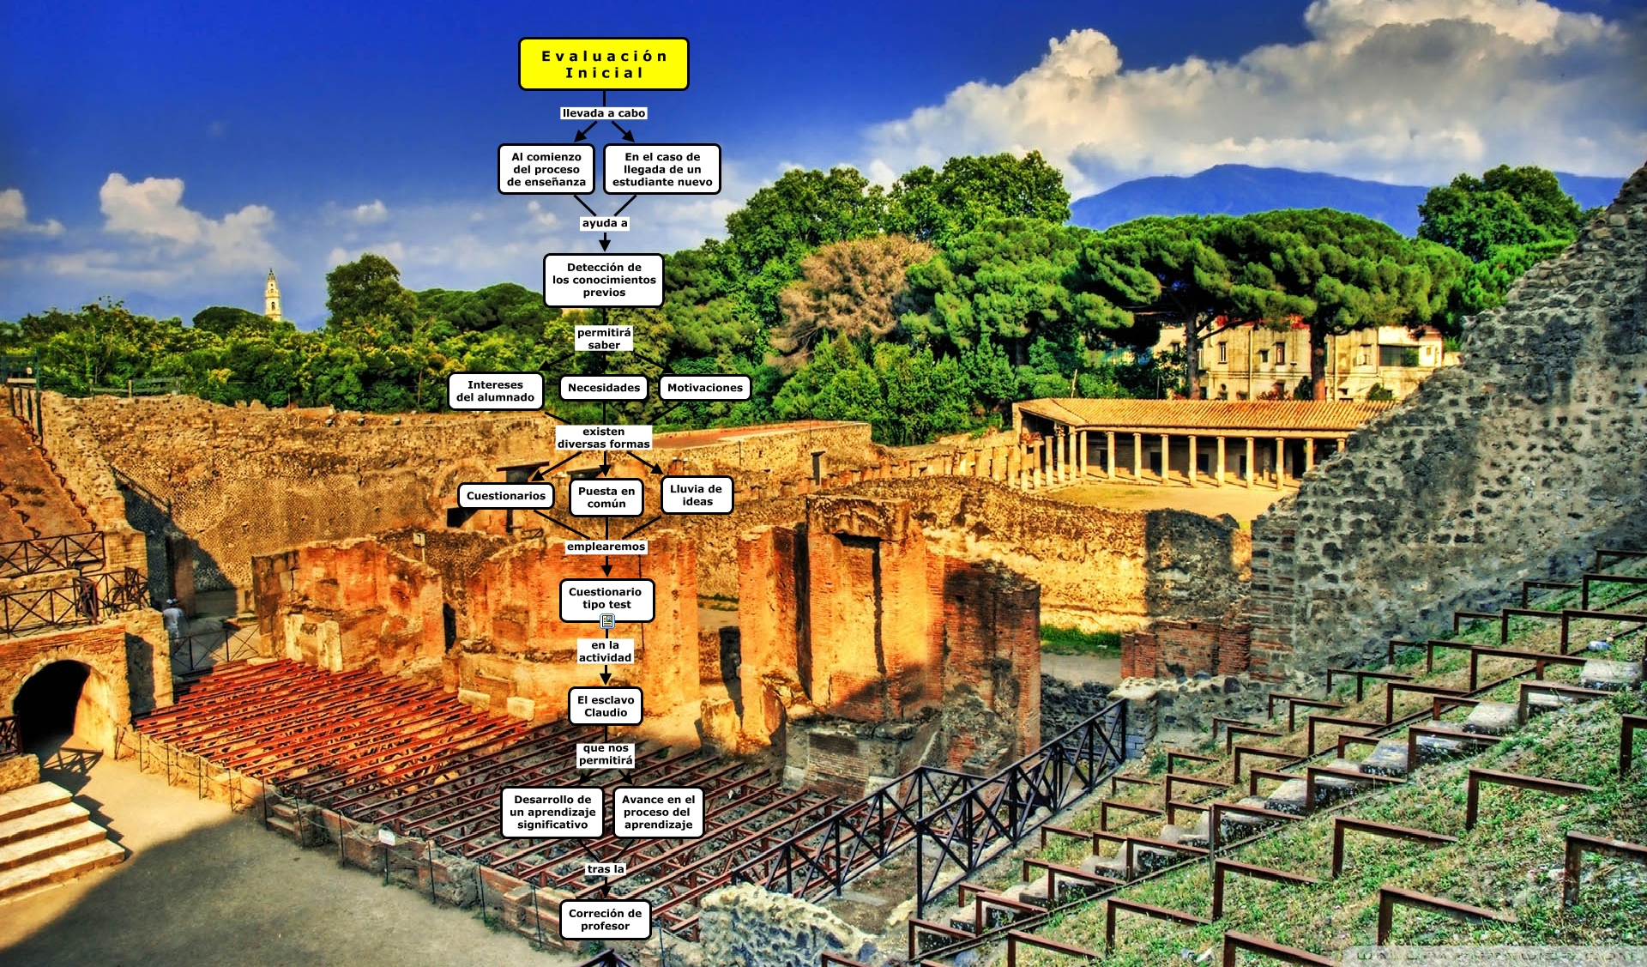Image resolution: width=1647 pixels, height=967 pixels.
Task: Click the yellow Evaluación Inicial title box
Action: (604, 64)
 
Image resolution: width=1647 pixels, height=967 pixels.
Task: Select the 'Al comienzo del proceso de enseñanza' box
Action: (546, 169)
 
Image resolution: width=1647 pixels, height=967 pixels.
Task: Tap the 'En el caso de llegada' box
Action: (662, 169)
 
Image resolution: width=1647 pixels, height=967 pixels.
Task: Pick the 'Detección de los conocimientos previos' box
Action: (604, 280)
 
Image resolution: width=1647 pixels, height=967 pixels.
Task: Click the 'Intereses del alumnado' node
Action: (495, 391)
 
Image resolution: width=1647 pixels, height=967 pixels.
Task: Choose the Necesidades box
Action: (604, 388)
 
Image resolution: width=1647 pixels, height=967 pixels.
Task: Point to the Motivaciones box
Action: (705, 388)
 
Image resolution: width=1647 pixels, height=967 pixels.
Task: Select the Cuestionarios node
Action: (506, 496)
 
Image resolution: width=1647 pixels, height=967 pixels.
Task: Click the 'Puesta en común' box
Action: (606, 498)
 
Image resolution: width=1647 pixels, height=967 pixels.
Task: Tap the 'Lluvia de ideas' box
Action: (697, 495)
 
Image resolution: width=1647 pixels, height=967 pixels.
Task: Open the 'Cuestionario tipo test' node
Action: (606, 599)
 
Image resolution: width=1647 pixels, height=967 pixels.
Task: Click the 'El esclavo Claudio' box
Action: (606, 706)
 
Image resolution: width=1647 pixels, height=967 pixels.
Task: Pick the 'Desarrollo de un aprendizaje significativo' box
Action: (552, 812)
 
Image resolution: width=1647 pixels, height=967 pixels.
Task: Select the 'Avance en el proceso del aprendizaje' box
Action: (659, 812)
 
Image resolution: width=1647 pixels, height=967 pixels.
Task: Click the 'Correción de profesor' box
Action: (605, 920)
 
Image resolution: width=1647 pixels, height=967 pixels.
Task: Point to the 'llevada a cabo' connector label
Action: (604, 113)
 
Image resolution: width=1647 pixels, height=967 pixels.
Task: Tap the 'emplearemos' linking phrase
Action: (606, 547)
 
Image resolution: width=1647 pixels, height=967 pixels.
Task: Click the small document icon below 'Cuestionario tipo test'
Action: (607, 621)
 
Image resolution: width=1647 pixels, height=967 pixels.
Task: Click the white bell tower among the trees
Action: (273, 296)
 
